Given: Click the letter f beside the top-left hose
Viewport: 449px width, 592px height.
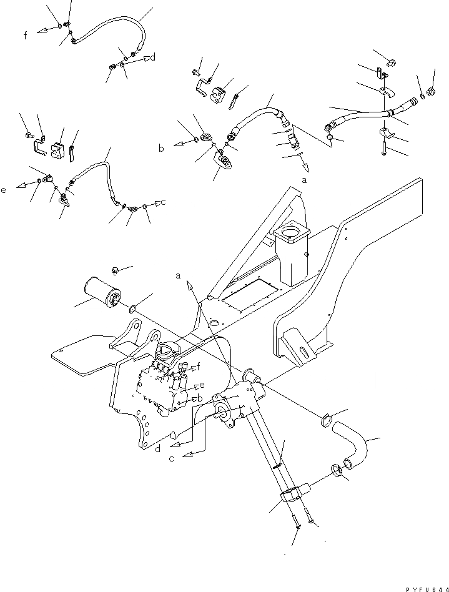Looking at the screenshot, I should pos(26,36).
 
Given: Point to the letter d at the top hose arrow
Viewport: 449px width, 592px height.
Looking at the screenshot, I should pos(152,58).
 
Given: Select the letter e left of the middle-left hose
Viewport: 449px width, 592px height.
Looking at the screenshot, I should pos(4,189).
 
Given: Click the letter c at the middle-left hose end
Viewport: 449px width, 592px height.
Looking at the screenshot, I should pos(163,202).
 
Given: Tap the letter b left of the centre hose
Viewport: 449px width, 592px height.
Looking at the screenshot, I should pos(161,148).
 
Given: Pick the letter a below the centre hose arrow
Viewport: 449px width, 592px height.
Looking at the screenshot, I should pos(304,179).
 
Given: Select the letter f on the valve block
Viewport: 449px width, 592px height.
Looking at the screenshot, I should pos(198,365).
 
